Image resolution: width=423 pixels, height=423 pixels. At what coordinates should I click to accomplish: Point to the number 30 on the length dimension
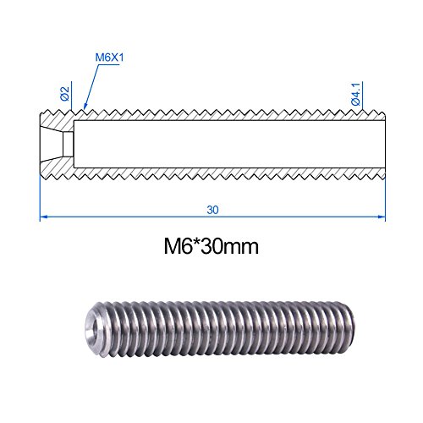tap(212, 206)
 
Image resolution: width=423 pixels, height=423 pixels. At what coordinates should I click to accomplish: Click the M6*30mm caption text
tap(211, 249)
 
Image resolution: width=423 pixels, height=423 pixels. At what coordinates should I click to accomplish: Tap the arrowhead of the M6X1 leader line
tap(86, 109)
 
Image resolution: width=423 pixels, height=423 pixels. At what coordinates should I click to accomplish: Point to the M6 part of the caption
tap(176, 249)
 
